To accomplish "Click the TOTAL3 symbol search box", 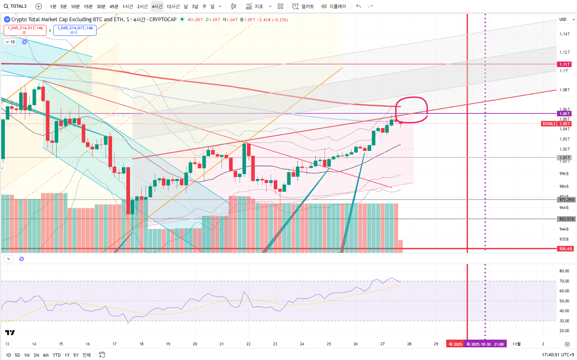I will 15,6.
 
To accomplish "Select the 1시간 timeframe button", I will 128,7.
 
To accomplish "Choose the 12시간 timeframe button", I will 173,7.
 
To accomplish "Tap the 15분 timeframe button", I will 88,7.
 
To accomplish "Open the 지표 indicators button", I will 254,7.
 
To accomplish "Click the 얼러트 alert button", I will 303,7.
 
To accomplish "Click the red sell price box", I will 25,30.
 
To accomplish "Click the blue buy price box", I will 75,30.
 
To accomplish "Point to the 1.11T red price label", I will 564,64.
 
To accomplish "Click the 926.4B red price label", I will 565,249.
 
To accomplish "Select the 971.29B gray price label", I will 566,200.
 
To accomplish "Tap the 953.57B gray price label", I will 566,219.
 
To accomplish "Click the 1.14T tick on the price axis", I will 564,34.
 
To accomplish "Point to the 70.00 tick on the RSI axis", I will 564,281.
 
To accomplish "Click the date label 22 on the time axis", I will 248,344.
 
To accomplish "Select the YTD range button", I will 57,355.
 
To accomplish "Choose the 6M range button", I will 46,355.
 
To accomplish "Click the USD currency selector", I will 566,20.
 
